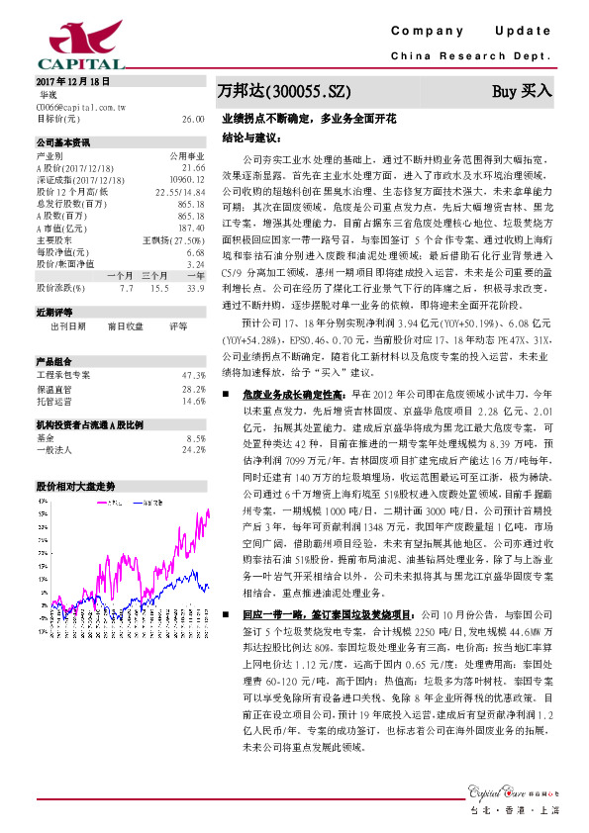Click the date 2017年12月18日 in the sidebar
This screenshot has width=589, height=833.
tap(71, 80)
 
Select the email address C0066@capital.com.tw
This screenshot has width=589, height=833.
tap(80, 105)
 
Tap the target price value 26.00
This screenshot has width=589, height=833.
tap(193, 118)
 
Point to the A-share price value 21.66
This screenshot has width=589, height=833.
tap(193, 169)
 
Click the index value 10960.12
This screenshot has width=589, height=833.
tap(186, 178)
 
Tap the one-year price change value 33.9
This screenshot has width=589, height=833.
tap(196, 288)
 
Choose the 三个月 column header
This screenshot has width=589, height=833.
tap(153, 274)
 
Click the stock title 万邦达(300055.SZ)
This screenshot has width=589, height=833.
tap(284, 91)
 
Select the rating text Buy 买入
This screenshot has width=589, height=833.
tap(522, 91)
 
